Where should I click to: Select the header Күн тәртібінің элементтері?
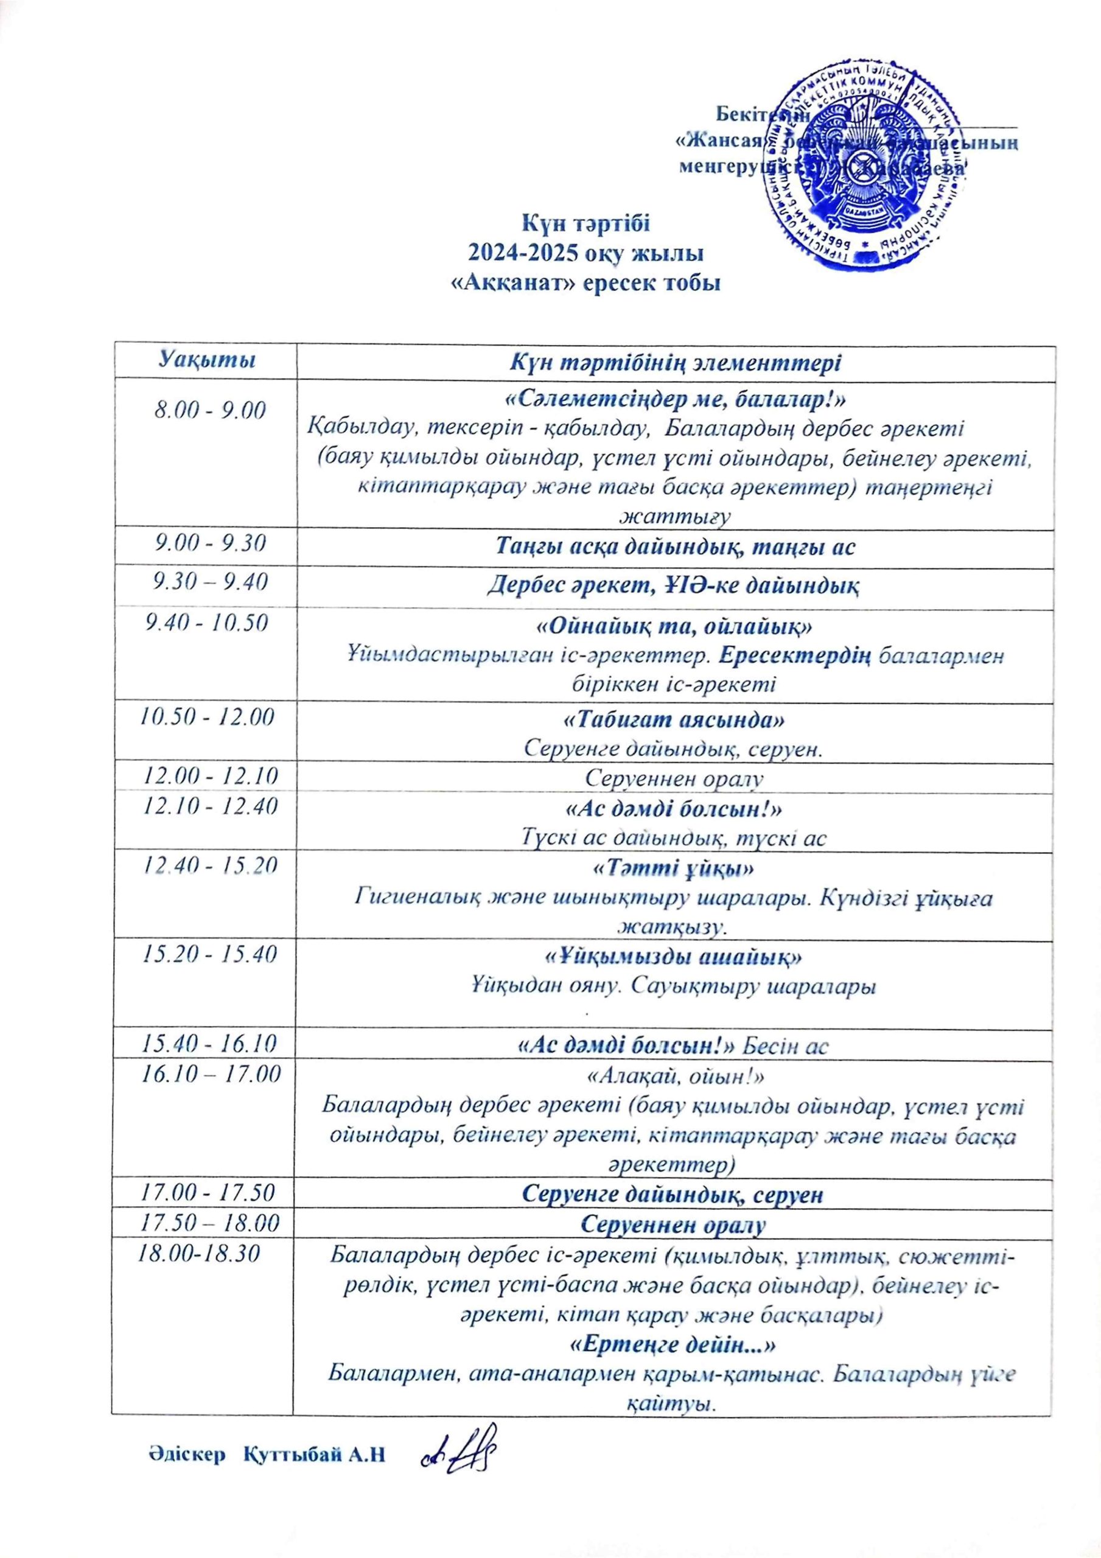pyautogui.click(x=676, y=362)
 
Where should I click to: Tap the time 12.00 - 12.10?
pyautogui.click(x=207, y=775)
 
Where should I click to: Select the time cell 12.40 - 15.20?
pyautogui.click(x=207, y=865)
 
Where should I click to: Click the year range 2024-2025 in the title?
pyautogui.click(x=525, y=253)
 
